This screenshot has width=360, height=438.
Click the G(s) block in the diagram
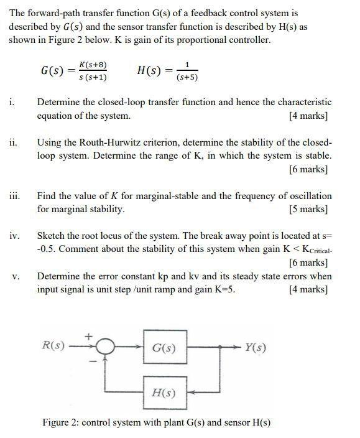(164, 348)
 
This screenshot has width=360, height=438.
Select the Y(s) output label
(256, 347)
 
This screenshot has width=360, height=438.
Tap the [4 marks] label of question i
(308, 116)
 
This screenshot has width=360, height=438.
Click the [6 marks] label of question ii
(308, 169)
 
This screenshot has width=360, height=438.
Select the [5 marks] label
(308, 209)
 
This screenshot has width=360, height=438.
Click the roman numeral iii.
(14, 196)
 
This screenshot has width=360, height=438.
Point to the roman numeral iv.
(14, 236)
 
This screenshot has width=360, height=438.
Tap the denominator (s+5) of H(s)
(187, 78)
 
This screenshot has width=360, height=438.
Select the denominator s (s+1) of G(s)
(92, 78)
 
